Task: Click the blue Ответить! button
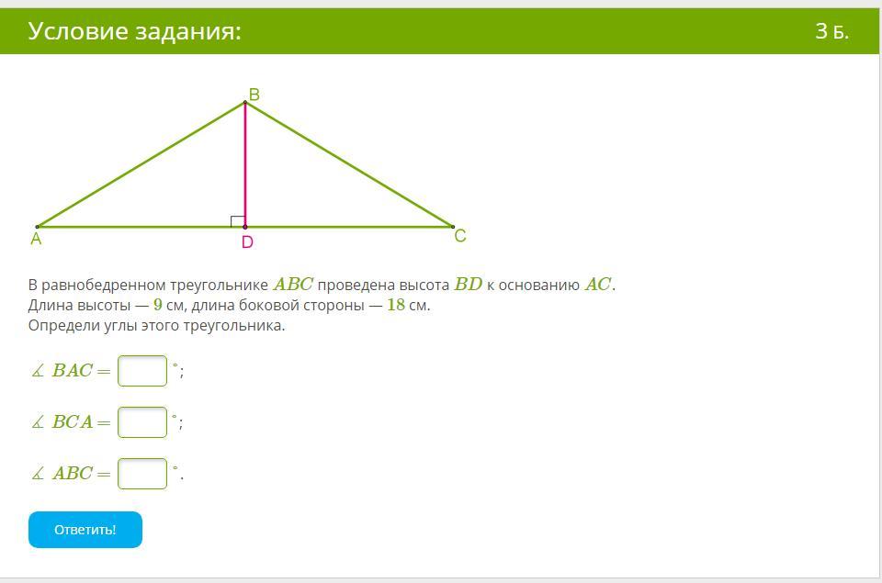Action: (x=85, y=530)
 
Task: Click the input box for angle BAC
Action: (x=142, y=371)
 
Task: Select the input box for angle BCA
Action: (x=142, y=422)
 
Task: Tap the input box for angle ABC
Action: (x=142, y=474)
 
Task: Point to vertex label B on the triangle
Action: (x=254, y=95)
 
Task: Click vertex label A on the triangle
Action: (x=36, y=239)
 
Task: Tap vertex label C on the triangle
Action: (x=460, y=236)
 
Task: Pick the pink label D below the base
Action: (x=247, y=242)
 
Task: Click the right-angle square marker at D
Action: (x=238, y=221)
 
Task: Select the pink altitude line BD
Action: (x=245, y=164)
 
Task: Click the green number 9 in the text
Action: (x=157, y=305)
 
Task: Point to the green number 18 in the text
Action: (x=396, y=305)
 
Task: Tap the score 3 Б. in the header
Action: (x=832, y=31)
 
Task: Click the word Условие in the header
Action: (x=78, y=31)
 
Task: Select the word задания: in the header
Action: (x=187, y=32)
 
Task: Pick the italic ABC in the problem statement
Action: (x=293, y=284)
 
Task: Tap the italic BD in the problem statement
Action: (x=469, y=284)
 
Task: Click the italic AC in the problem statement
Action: (x=598, y=284)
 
